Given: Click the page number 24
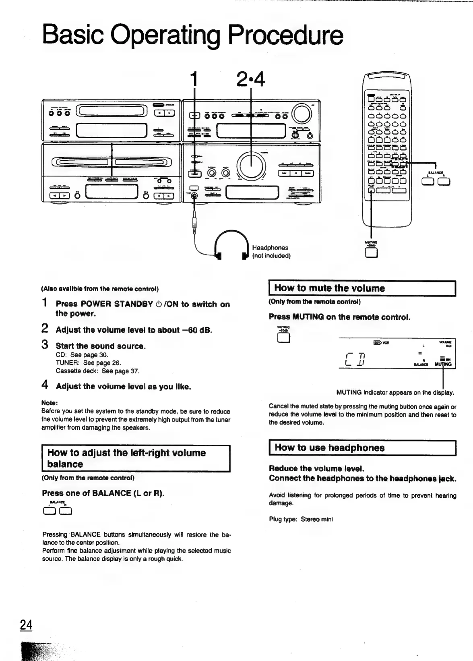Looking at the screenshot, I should pos(26,625).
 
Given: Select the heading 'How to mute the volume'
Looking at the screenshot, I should pos(329,288).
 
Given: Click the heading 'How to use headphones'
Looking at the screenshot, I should pos(329,448).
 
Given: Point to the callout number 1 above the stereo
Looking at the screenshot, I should pos(194,79).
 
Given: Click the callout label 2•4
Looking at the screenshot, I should pos(250,79).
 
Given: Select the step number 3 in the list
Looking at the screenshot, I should pos(45,345).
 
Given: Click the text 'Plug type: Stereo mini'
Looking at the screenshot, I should pos(301,519).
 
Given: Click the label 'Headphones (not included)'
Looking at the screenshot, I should pos(271,252).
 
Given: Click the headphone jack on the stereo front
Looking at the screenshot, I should pos(194,196).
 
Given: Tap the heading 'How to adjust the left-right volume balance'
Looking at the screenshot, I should pos(126,458).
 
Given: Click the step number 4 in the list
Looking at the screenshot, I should pos(45,385).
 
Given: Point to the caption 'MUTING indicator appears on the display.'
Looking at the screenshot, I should pos(395,392).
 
